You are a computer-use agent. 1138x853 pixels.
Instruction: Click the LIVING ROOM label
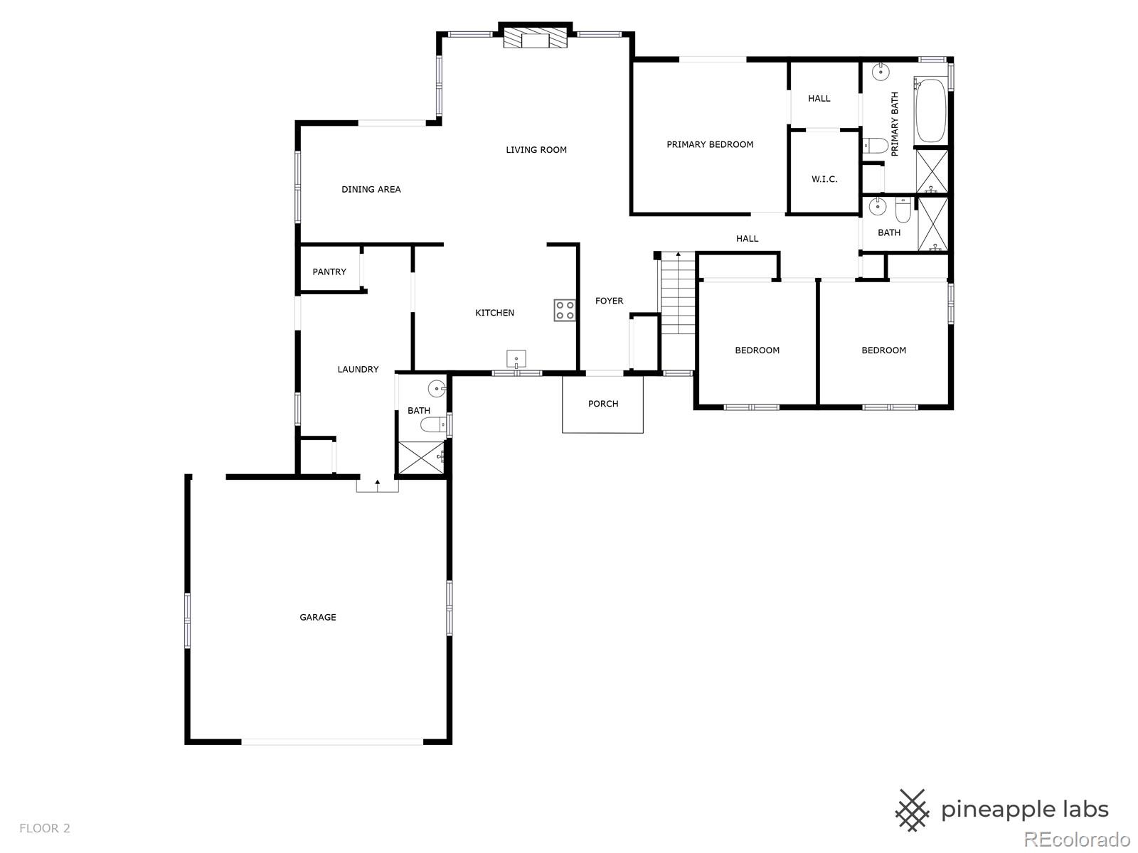tap(536, 150)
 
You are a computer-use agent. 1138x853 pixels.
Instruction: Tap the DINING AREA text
tap(371, 190)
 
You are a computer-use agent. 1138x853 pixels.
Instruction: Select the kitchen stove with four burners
tap(565, 310)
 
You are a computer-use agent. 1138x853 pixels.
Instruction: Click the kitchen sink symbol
tap(516, 359)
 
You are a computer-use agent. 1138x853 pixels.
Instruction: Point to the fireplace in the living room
tap(535, 37)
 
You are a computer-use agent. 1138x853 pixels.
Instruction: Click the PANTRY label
tap(329, 272)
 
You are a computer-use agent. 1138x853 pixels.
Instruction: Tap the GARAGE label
tap(318, 617)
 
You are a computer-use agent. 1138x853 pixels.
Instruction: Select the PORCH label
tap(603, 404)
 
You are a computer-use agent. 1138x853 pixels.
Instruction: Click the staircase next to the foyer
tap(678, 293)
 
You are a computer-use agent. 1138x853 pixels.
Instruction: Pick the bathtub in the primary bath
tap(930, 110)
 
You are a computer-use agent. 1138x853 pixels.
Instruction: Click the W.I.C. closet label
tap(824, 180)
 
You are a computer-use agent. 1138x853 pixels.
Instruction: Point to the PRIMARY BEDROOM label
tap(710, 145)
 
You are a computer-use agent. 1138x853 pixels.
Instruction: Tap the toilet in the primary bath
tap(876, 146)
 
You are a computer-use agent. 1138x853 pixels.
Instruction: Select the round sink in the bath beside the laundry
tap(437, 388)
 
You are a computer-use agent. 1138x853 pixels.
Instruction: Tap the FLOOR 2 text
tap(45, 829)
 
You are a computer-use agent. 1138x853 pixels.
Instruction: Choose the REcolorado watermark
tap(1078, 839)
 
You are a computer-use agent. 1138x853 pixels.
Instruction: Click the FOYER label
tap(609, 301)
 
